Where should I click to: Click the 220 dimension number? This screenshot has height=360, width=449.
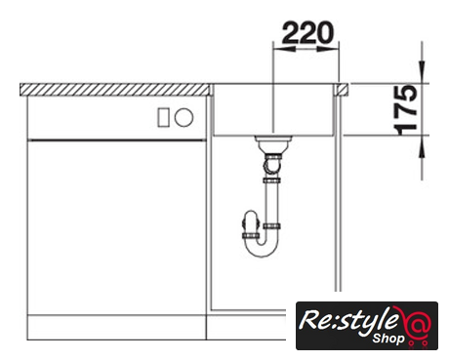point(307,32)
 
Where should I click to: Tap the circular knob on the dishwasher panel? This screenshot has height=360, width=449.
point(184,117)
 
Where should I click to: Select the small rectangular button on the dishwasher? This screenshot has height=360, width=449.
point(163,117)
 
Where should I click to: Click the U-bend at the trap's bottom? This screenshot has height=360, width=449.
point(262,249)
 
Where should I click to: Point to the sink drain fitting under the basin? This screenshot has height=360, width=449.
point(273,144)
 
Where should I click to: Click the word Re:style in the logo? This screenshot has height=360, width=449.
point(348,320)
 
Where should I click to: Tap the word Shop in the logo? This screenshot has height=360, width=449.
point(388,339)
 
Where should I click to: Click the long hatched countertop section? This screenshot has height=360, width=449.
point(115,90)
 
